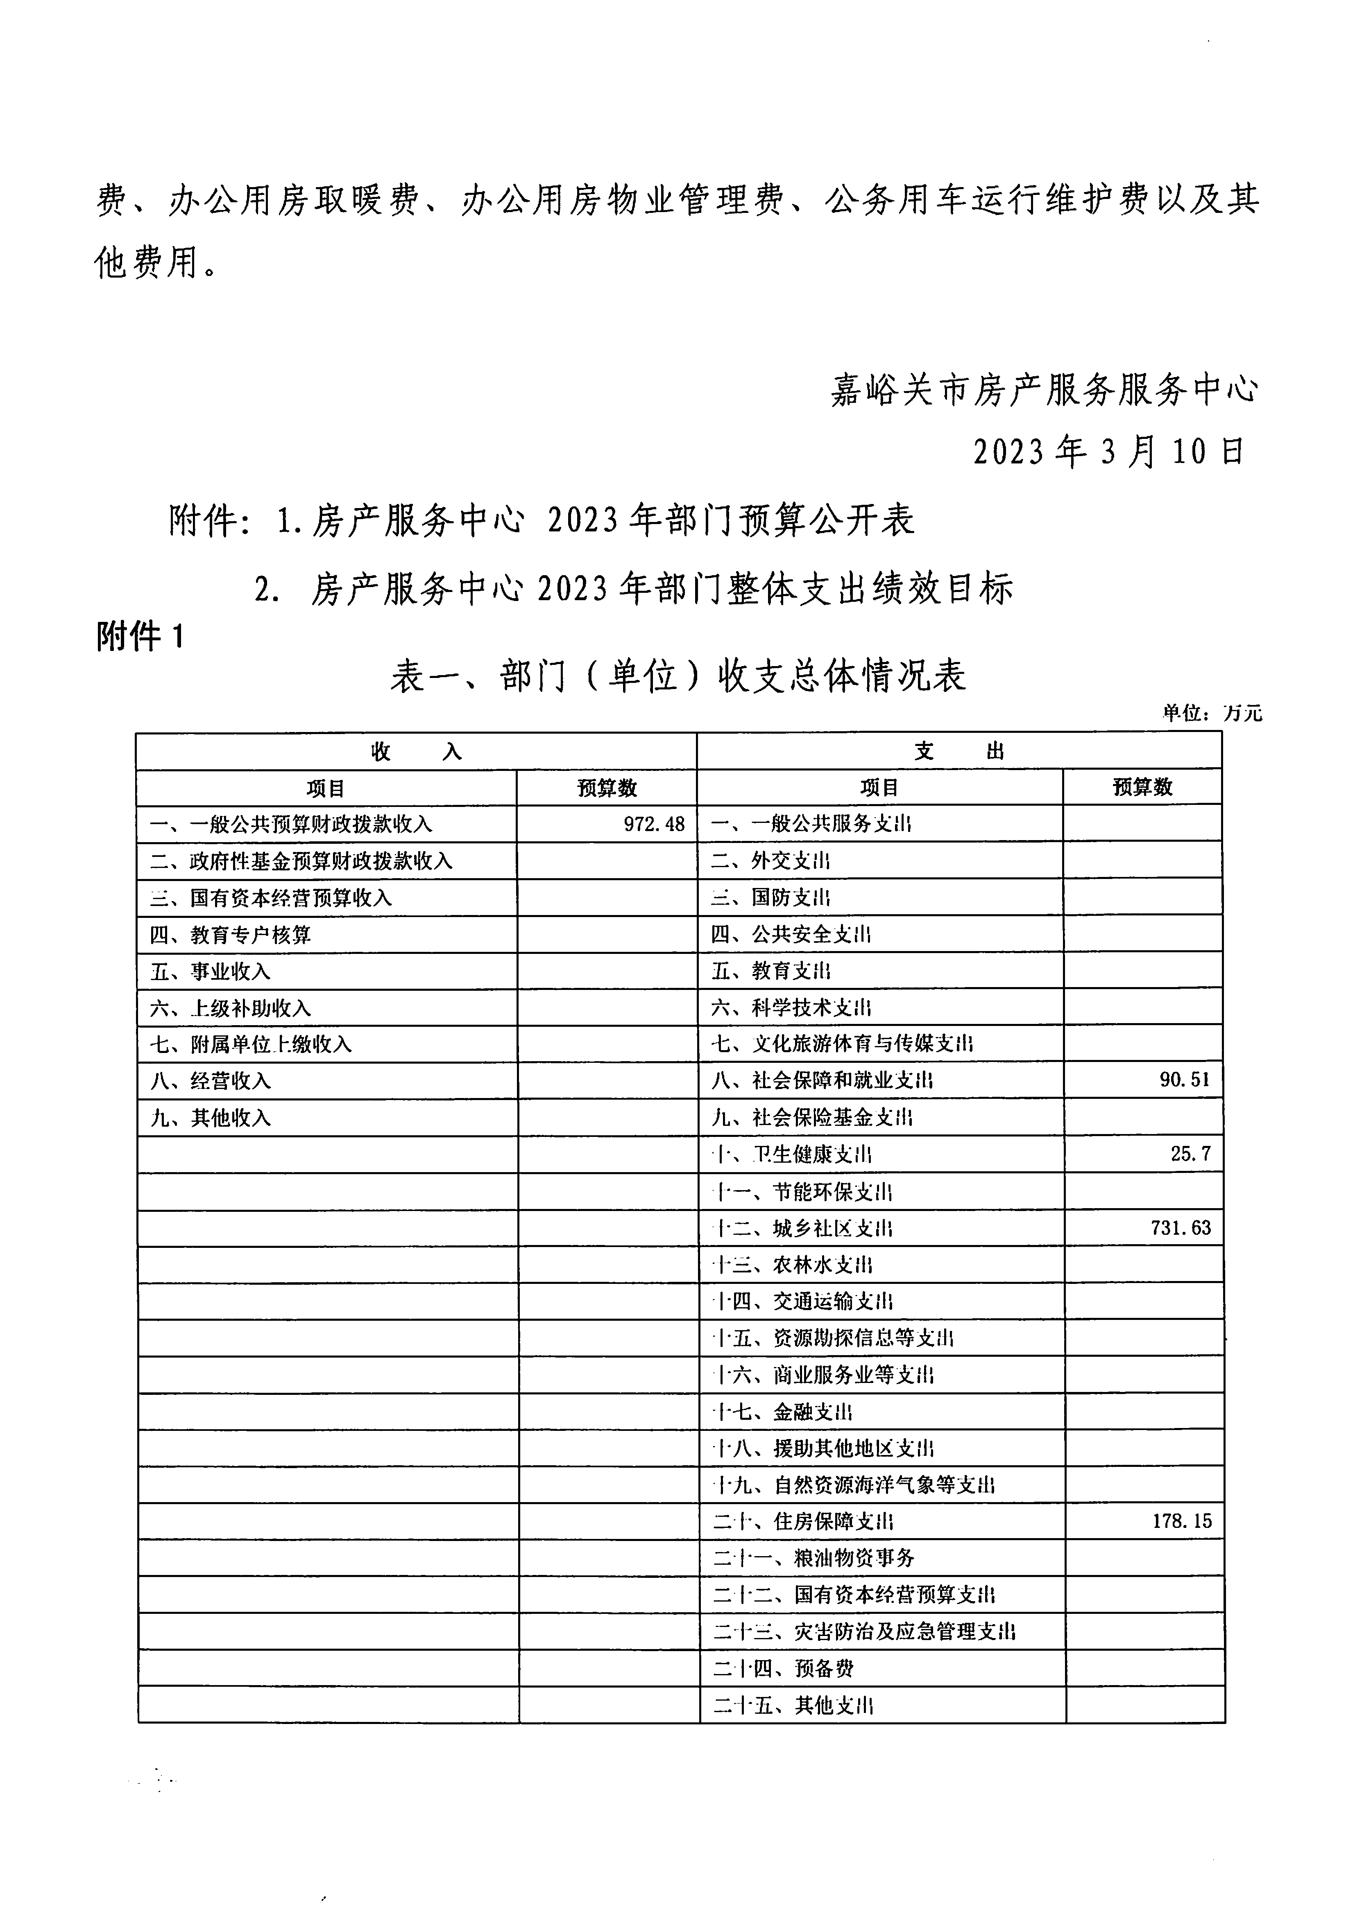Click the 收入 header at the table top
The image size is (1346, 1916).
pos(416,752)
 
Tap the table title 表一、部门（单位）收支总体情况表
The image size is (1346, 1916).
pos(678,675)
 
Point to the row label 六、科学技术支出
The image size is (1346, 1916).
pos(791,1008)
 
